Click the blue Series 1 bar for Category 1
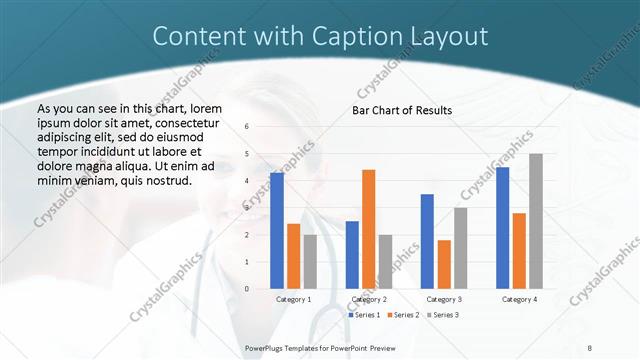277,231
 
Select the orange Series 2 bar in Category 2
368,229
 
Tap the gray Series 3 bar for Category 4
536,221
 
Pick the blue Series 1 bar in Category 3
427,241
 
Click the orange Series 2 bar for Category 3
444,264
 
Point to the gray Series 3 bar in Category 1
310,262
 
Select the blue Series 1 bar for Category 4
502,228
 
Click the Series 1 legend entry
363,315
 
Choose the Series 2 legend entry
402,315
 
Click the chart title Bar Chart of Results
402,110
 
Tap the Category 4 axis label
519,299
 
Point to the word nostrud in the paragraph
165,180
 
